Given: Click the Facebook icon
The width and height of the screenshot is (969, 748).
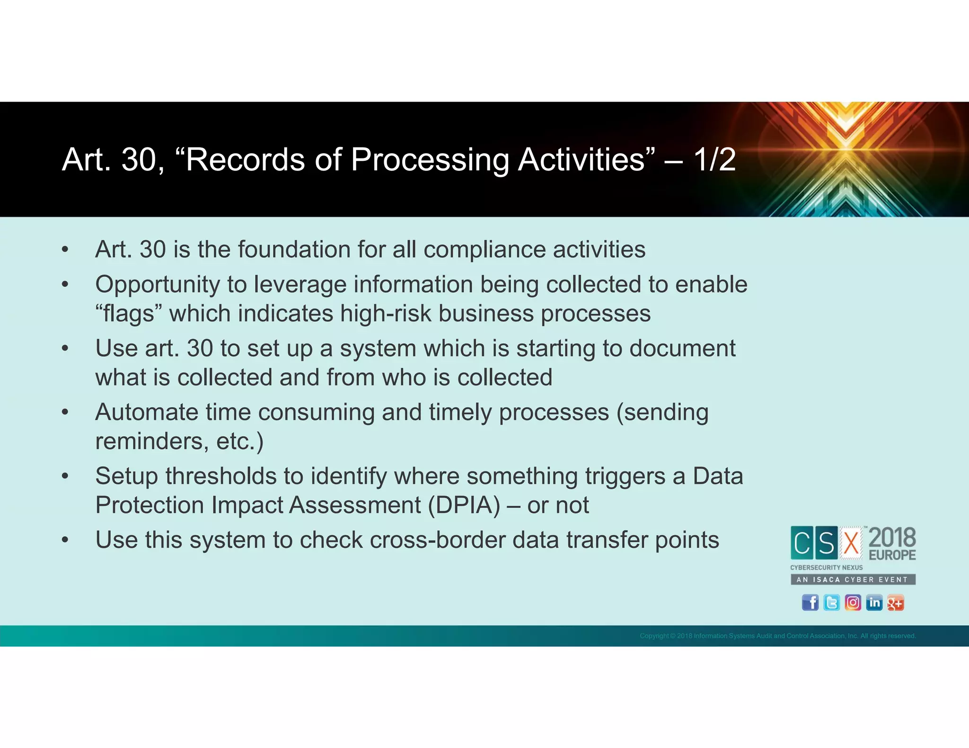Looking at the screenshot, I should (x=810, y=603).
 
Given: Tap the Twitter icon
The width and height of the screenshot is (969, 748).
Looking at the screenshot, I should (x=831, y=603).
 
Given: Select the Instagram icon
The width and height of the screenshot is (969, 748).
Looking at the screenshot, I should (x=853, y=603).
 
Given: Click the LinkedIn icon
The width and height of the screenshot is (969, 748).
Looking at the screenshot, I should (x=874, y=603).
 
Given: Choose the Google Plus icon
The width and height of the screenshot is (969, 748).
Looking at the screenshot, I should (x=895, y=603).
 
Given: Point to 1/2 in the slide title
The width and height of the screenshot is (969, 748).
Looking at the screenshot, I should (x=714, y=160).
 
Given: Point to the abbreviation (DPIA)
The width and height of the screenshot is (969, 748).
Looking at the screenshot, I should (x=464, y=505).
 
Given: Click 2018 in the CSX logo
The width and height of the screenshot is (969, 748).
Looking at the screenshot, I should (x=892, y=538).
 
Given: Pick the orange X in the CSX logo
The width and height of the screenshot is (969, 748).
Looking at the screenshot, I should (x=851, y=543).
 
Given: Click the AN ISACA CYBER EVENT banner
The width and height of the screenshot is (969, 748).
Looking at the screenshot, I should (x=853, y=580).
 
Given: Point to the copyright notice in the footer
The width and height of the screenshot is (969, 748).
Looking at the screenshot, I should (x=778, y=636).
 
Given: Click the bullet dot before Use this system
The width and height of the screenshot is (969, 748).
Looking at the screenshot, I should (x=65, y=540).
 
